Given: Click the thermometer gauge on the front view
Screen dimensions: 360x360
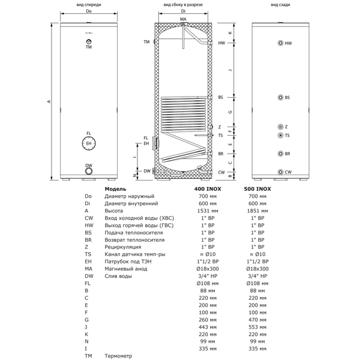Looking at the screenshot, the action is [89, 41].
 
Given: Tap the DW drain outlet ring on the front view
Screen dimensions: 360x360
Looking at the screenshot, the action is [89, 171].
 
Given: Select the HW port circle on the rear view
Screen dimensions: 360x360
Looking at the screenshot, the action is [280, 43].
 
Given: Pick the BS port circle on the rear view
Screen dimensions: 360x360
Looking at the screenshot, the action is [280, 97].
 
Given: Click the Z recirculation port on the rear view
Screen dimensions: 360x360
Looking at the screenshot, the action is [280, 127].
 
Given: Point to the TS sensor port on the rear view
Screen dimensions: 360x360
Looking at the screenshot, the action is [280, 135].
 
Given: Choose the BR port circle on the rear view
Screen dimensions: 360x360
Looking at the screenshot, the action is [280, 154].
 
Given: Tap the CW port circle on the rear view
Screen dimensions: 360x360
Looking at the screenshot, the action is [280, 172].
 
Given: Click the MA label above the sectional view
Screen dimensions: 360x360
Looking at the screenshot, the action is [183, 19].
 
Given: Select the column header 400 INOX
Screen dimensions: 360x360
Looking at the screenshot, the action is [208, 189].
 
